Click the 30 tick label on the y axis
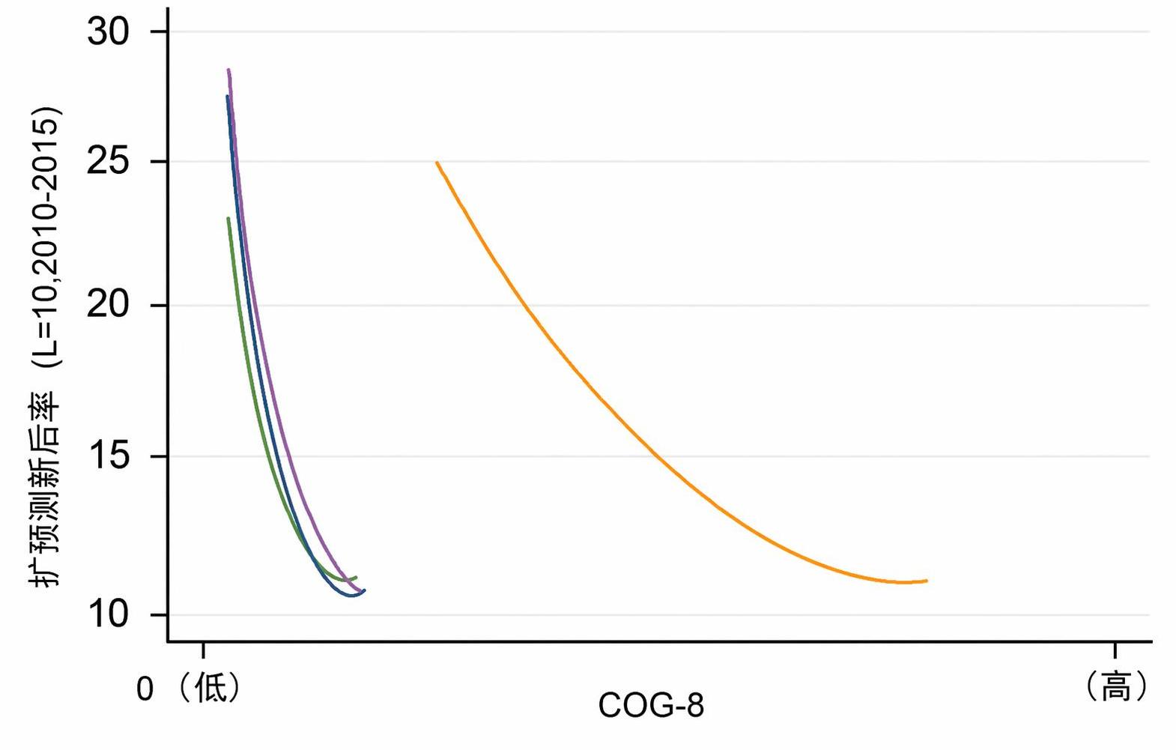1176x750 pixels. [x=108, y=31]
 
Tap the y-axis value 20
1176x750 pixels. [x=108, y=305]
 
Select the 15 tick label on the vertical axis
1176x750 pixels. [x=108, y=456]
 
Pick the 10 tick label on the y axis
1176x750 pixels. [x=108, y=614]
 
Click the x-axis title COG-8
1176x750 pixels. [x=650, y=705]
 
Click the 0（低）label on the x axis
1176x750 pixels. [x=187, y=688]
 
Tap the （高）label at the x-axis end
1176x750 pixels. [x=1115, y=686]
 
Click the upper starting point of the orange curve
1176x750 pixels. [x=437, y=163]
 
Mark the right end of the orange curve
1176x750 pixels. [x=927, y=581]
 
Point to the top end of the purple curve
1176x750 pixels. [x=228, y=70]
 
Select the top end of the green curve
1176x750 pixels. [x=228, y=219]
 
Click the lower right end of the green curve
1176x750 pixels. [x=356, y=577]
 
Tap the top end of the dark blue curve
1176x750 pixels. [x=227, y=96]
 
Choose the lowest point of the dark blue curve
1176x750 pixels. [x=351, y=596]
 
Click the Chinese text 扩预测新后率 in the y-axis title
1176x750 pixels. [x=45, y=489]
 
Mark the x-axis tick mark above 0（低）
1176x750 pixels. [x=203, y=650]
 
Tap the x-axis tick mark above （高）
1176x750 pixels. [x=1115, y=650]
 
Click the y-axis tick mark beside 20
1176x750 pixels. [x=160, y=305]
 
